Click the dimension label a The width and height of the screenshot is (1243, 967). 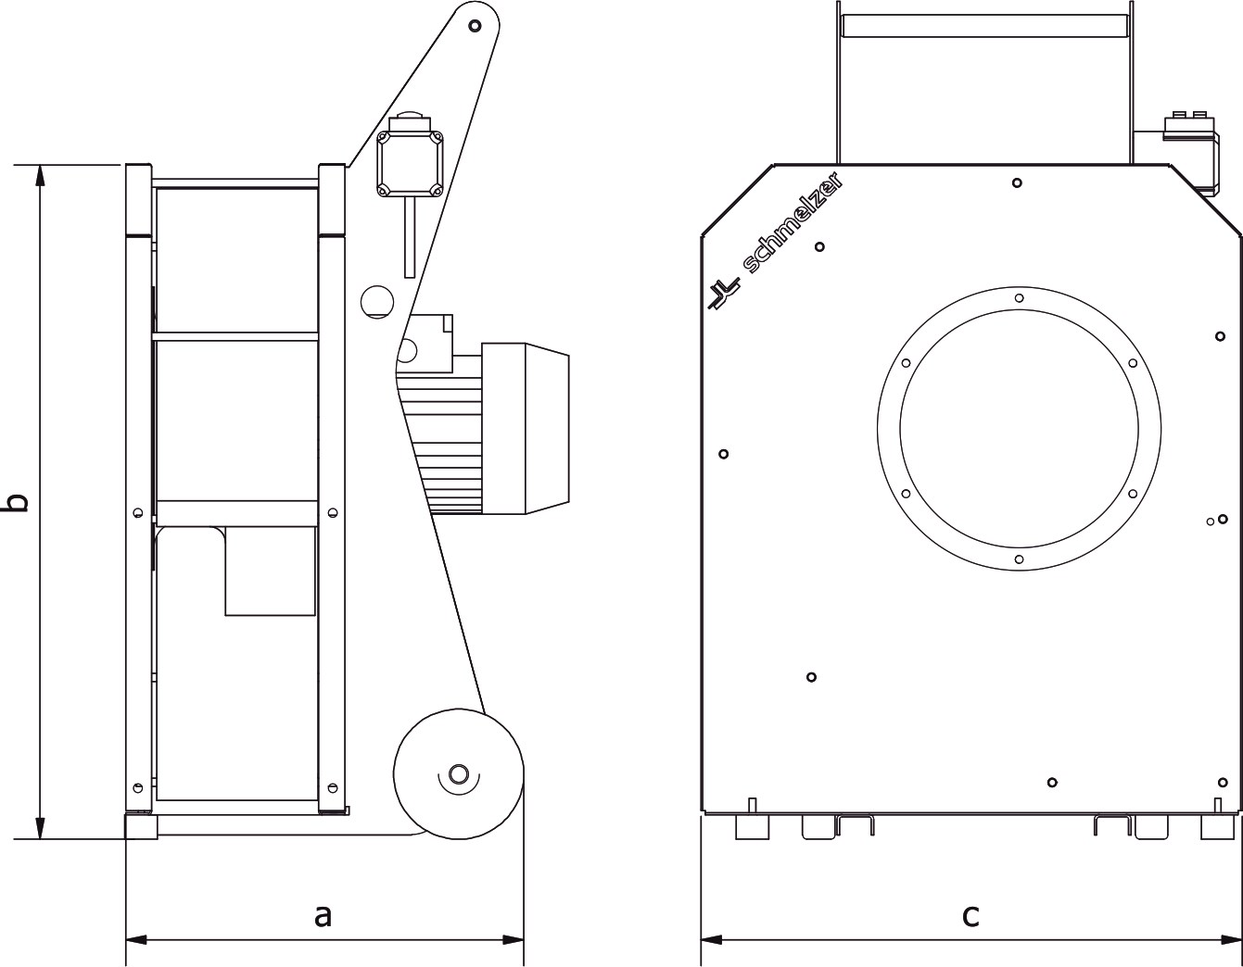(323, 915)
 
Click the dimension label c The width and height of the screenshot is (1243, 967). (970, 915)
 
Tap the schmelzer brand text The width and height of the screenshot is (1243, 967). (793, 230)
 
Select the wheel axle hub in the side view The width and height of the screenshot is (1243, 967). (458, 775)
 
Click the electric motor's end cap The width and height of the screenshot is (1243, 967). (548, 428)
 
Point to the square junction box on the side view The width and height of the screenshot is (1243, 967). (410, 165)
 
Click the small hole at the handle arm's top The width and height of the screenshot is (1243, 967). (475, 26)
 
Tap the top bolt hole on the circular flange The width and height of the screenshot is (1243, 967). (1019, 298)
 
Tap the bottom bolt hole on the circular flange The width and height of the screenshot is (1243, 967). (1019, 559)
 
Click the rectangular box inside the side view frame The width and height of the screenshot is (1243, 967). (270, 571)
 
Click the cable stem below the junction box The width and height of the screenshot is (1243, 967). (410, 238)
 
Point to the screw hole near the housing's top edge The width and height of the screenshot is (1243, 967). (1017, 182)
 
